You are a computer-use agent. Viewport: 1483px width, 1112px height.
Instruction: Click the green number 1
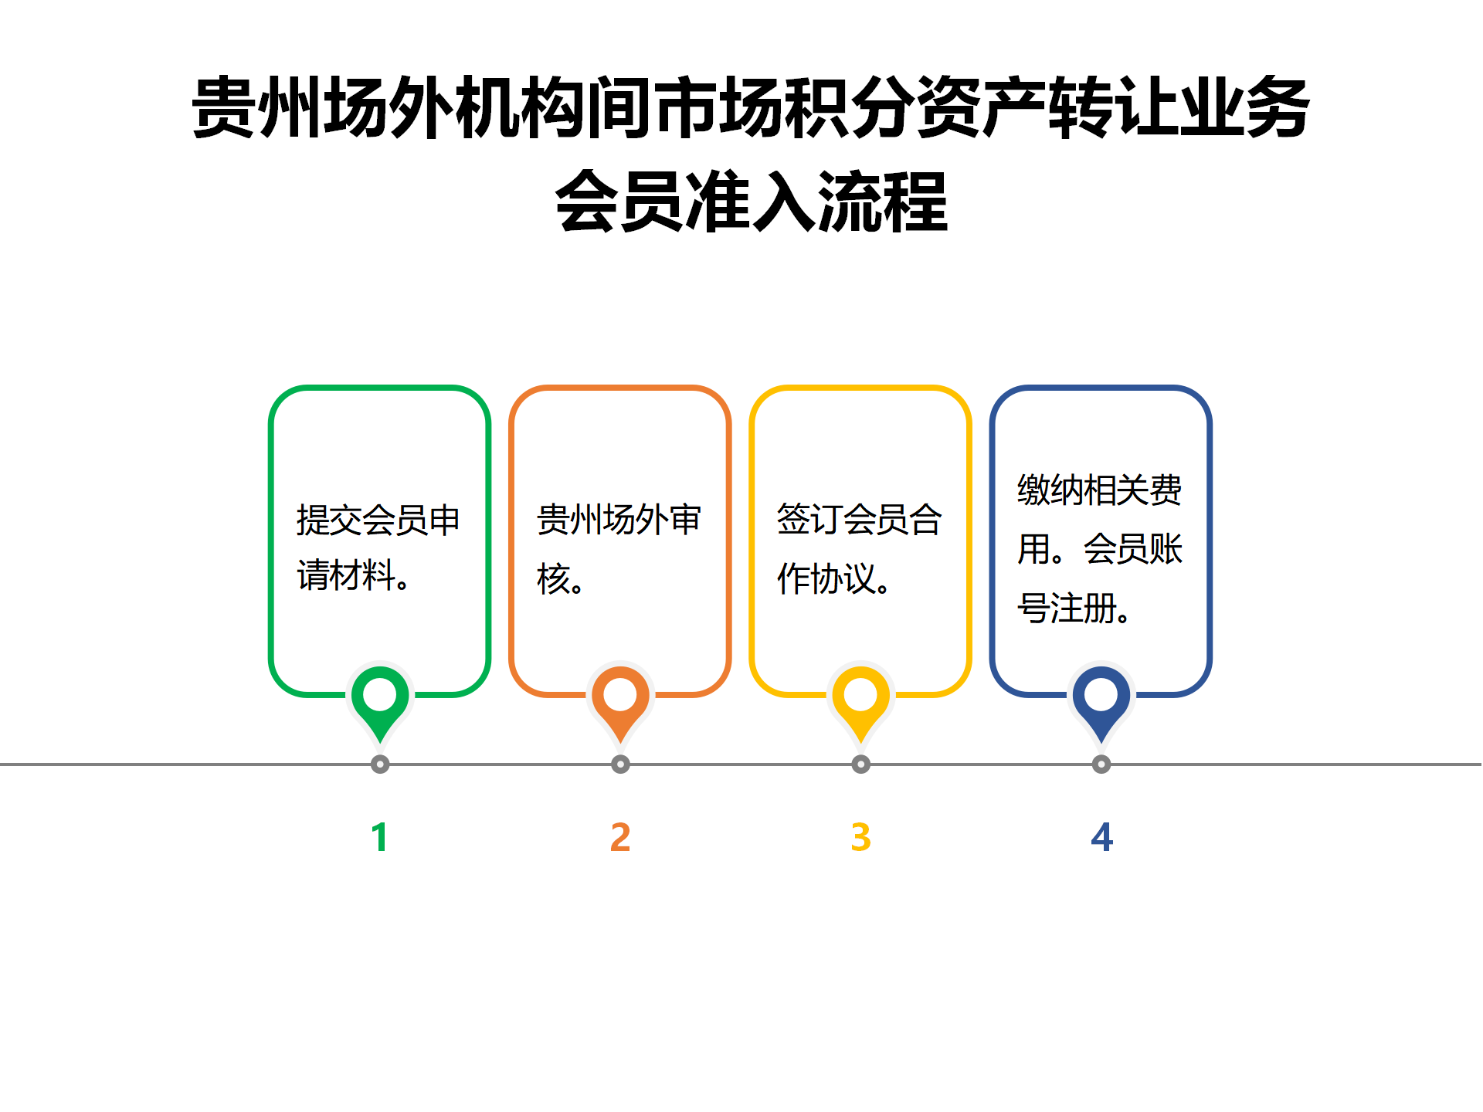[x=379, y=837]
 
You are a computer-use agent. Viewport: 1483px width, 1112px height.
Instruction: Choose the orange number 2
[x=620, y=837]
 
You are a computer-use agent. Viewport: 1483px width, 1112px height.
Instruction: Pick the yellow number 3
[x=860, y=837]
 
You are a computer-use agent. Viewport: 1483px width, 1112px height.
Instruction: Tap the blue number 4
[x=1101, y=837]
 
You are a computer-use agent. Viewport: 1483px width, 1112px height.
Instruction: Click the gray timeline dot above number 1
[x=380, y=764]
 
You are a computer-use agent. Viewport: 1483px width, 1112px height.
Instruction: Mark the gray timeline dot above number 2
[x=620, y=764]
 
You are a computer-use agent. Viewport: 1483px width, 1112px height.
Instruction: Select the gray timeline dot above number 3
[x=860, y=764]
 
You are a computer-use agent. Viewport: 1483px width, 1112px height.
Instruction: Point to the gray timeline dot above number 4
[x=1101, y=764]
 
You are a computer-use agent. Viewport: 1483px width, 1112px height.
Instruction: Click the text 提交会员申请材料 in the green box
[x=378, y=548]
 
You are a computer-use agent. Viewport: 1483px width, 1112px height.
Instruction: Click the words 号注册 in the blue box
[x=1067, y=609]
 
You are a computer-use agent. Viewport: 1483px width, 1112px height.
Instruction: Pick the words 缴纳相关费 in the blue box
[x=1099, y=490]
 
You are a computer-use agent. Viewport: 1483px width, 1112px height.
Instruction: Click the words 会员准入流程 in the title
[x=752, y=202]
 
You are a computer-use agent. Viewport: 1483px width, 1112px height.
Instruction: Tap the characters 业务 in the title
[x=1244, y=108]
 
